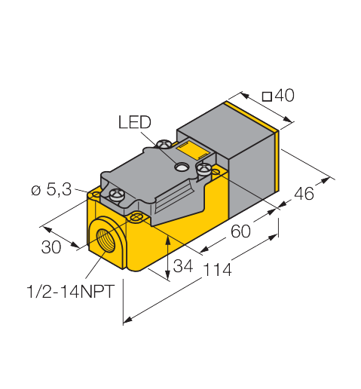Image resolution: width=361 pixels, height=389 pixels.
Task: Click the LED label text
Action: point(135,122)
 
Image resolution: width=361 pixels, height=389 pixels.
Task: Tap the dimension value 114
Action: point(217,270)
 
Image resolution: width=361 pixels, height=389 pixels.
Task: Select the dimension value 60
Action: point(240,231)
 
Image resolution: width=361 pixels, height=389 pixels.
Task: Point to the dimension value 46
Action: point(304,194)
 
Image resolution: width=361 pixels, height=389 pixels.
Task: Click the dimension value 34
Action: point(183,266)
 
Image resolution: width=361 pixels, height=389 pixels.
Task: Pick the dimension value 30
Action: point(51,247)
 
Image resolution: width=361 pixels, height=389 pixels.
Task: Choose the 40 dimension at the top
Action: point(284,96)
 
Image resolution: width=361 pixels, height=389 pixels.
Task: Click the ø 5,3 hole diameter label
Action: point(51,189)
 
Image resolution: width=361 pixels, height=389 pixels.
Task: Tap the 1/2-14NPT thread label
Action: point(71,292)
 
